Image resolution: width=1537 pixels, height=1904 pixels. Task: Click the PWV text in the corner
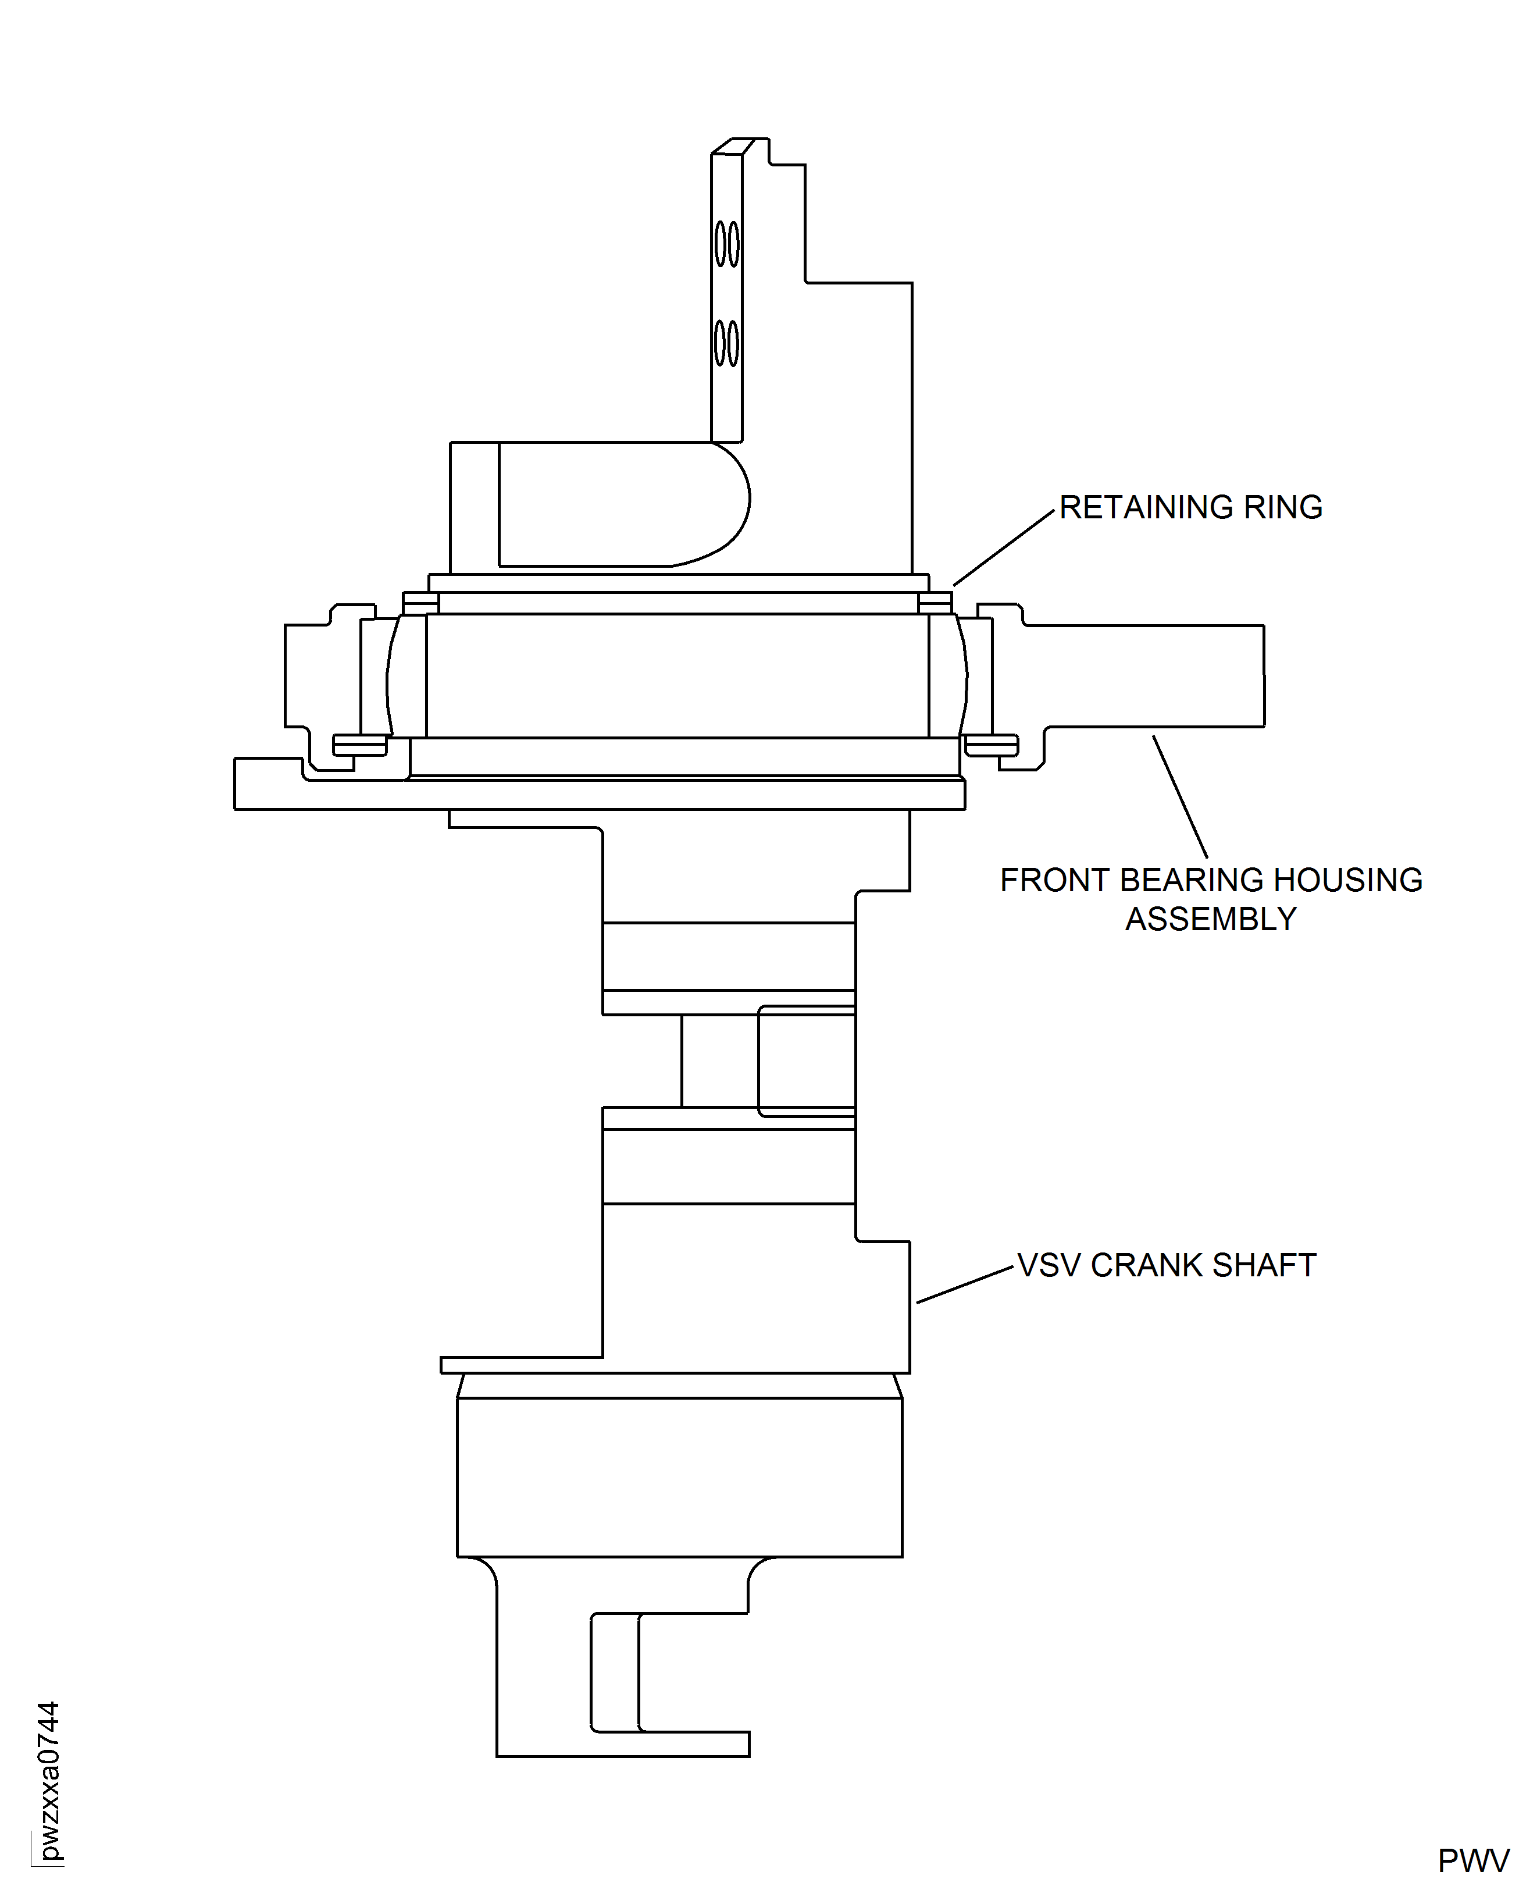tap(1473, 1862)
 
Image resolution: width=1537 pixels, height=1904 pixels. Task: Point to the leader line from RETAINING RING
tap(1003, 548)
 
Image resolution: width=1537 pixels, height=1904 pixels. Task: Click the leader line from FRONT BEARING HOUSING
tap(1180, 796)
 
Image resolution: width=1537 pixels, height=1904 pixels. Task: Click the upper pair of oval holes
tap(727, 244)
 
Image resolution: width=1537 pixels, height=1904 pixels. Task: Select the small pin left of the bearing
tap(359, 745)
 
